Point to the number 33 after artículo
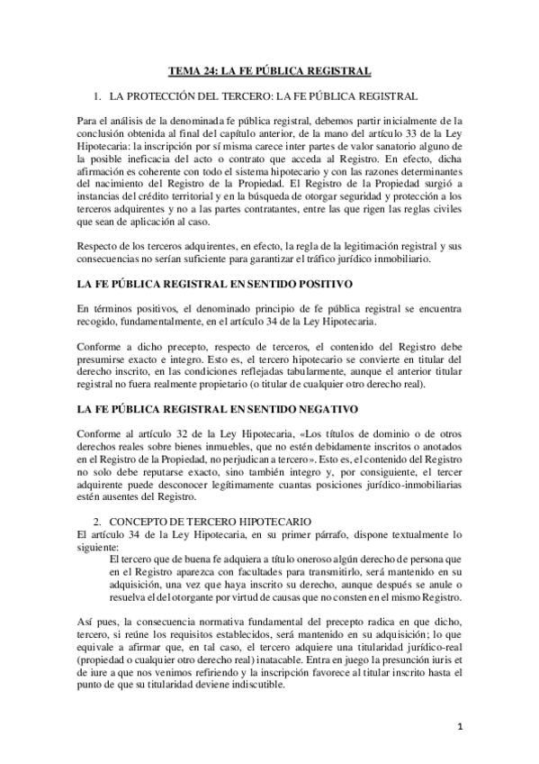tap(410, 133)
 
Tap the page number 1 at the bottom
tap(460, 727)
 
